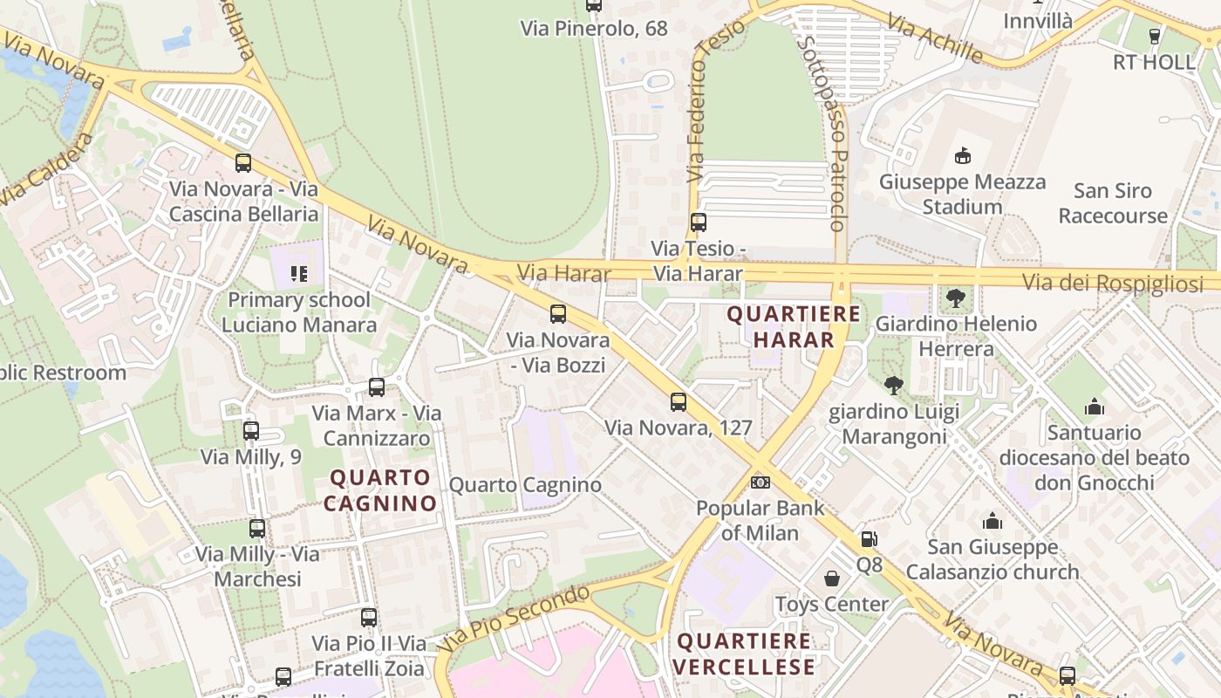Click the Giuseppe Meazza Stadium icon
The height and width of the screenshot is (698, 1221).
coord(963,156)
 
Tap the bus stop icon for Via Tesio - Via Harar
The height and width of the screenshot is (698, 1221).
coord(698,222)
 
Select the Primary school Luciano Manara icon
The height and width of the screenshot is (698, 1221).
coord(299,274)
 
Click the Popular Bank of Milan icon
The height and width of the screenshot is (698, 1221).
coord(761,482)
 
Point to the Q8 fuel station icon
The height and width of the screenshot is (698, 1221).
coord(869,539)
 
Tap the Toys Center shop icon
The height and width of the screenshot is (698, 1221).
coord(832,578)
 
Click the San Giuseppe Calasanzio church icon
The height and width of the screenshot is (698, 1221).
coord(992,522)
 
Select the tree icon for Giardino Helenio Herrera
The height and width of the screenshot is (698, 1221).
coord(956,298)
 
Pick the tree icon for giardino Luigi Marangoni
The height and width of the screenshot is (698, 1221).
coord(893,386)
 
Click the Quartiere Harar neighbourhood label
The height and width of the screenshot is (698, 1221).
coord(794,326)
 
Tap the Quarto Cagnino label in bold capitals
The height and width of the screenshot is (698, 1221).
coord(380,490)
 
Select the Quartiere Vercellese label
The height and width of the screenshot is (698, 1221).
coord(745,654)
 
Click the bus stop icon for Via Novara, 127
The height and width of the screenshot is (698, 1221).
coord(679,402)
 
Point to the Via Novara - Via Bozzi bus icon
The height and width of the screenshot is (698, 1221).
coord(558,314)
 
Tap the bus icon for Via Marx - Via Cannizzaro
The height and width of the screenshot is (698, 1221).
coord(377,387)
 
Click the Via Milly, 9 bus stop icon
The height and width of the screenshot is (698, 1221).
coord(251,431)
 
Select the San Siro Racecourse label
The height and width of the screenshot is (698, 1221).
coord(1113,203)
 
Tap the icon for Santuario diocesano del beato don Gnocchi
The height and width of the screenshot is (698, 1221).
coord(1095,407)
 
